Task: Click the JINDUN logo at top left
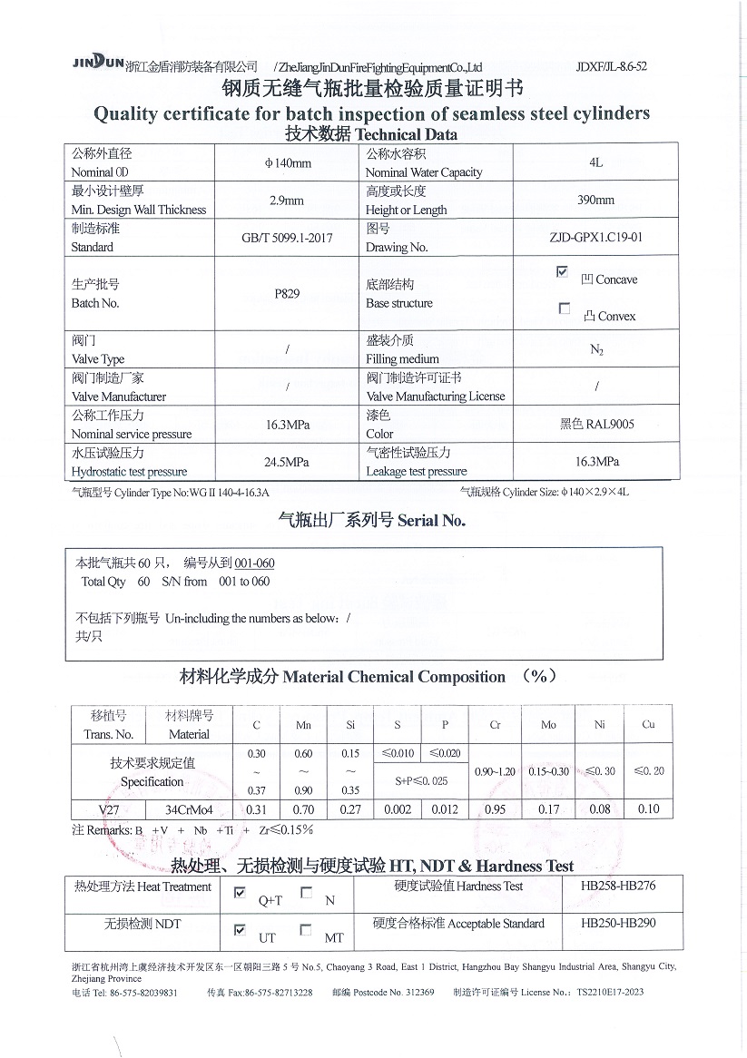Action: (x=97, y=63)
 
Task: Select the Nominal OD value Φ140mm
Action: (x=287, y=163)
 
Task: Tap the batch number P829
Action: (x=287, y=294)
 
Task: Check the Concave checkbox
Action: (x=562, y=271)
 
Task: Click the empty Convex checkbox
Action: (x=565, y=309)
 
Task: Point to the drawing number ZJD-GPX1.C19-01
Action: (x=595, y=238)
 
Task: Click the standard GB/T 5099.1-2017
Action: (x=287, y=238)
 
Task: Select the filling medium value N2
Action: (x=596, y=349)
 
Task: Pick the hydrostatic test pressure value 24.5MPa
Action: (x=287, y=462)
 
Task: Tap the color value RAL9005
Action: (x=610, y=424)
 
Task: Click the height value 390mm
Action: (x=595, y=201)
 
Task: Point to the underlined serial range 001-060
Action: (x=254, y=563)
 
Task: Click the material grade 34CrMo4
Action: (x=189, y=809)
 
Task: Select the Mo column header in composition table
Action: (x=548, y=725)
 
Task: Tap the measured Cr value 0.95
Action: (x=495, y=809)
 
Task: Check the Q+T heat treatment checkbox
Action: (x=240, y=893)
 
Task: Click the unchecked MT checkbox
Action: (x=306, y=930)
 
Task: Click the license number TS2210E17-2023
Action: (x=610, y=992)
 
